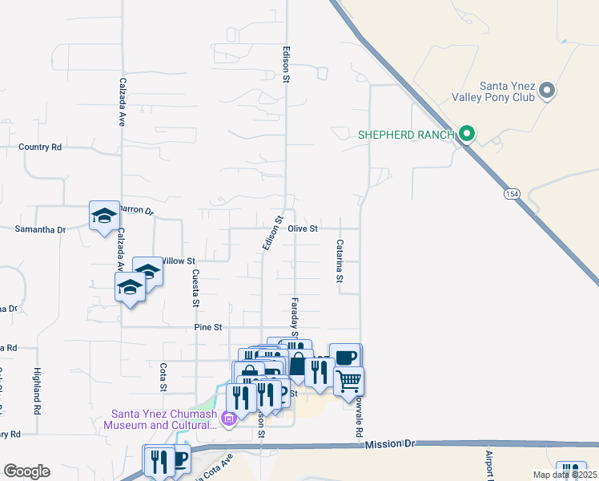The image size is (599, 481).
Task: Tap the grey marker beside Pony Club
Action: point(548,90)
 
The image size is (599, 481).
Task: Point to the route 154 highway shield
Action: point(511,194)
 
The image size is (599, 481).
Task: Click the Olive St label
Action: point(304,228)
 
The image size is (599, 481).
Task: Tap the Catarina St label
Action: point(340,261)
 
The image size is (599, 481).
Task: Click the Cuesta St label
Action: point(195,288)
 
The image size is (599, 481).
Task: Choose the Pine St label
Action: point(207,327)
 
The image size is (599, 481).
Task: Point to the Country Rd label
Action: point(40,148)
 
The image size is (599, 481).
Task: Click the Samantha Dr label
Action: point(40,229)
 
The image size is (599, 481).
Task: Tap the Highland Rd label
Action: point(37,390)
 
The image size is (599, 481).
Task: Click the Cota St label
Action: point(163,377)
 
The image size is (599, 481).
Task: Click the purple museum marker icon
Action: point(228,418)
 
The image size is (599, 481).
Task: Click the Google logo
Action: point(26,471)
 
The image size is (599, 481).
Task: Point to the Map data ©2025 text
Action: point(565,475)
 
